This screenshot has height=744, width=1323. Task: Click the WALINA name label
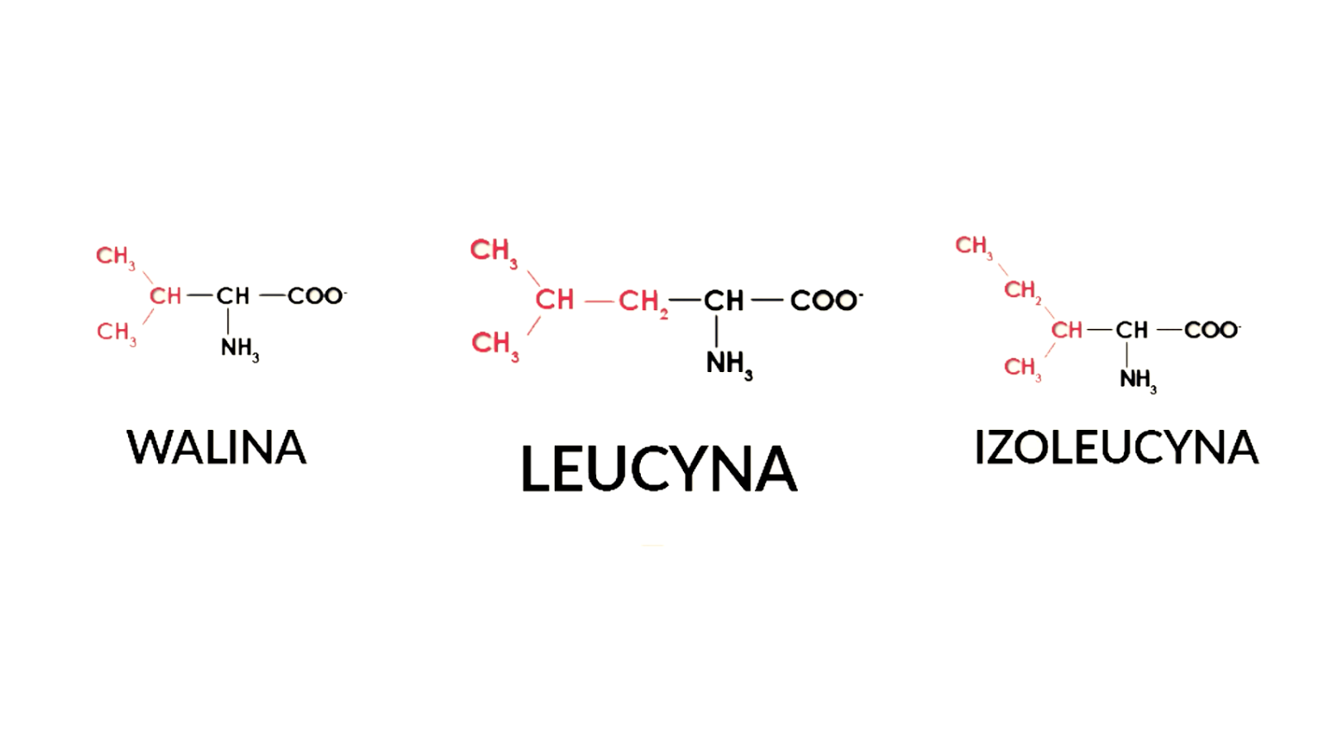pyautogui.click(x=217, y=447)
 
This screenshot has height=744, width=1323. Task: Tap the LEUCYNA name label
pyautogui.click(x=658, y=469)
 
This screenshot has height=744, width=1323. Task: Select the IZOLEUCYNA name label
pyautogui.click(x=1116, y=447)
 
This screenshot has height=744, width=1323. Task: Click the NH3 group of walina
pyautogui.click(x=240, y=349)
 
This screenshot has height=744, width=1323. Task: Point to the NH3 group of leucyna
pyautogui.click(x=728, y=364)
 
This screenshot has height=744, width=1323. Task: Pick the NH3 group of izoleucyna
pyautogui.click(x=1138, y=379)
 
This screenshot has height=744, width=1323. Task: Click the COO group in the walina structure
pyautogui.click(x=316, y=295)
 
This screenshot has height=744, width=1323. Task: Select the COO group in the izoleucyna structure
pyautogui.click(x=1211, y=330)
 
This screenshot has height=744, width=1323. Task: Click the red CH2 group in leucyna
pyautogui.click(x=642, y=302)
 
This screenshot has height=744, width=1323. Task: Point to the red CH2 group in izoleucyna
pyautogui.click(x=1022, y=290)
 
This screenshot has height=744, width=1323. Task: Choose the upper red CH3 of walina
pyautogui.click(x=115, y=256)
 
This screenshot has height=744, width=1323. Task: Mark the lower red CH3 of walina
pyautogui.click(x=116, y=332)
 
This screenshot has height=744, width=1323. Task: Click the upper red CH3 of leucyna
pyautogui.click(x=494, y=250)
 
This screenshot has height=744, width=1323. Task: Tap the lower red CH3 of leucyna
pyautogui.click(x=494, y=343)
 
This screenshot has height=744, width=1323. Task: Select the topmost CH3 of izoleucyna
pyautogui.click(x=973, y=246)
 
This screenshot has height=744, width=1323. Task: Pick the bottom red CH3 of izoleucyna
pyautogui.click(x=1022, y=367)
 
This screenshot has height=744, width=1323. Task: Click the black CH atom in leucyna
pyautogui.click(x=724, y=300)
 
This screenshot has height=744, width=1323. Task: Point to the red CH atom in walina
pyautogui.click(x=165, y=295)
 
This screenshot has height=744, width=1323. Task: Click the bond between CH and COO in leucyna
pyautogui.click(x=767, y=299)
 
